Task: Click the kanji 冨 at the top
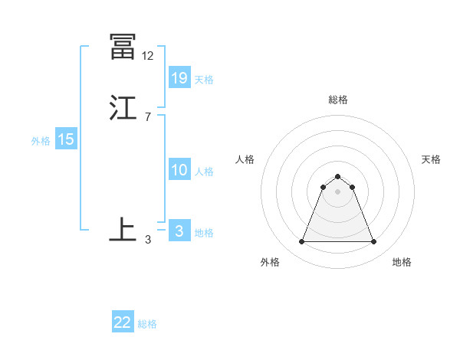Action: (123, 47)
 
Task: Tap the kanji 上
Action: (123, 230)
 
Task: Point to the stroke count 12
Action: (147, 56)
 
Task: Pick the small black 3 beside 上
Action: (148, 239)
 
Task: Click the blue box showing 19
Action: (179, 77)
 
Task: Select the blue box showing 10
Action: (179, 170)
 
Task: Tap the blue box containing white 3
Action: (179, 231)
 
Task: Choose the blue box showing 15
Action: (66, 139)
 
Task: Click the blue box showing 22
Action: (123, 322)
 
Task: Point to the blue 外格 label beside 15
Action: (41, 141)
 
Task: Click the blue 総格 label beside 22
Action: (148, 324)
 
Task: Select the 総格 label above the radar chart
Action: (338, 100)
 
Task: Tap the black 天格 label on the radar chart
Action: (432, 159)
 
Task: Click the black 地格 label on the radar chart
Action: (402, 262)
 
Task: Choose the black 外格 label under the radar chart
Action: (270, 262)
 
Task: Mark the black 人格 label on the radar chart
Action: (245, 159)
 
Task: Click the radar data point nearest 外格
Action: (301, 242)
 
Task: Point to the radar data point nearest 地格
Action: (374, 242)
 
